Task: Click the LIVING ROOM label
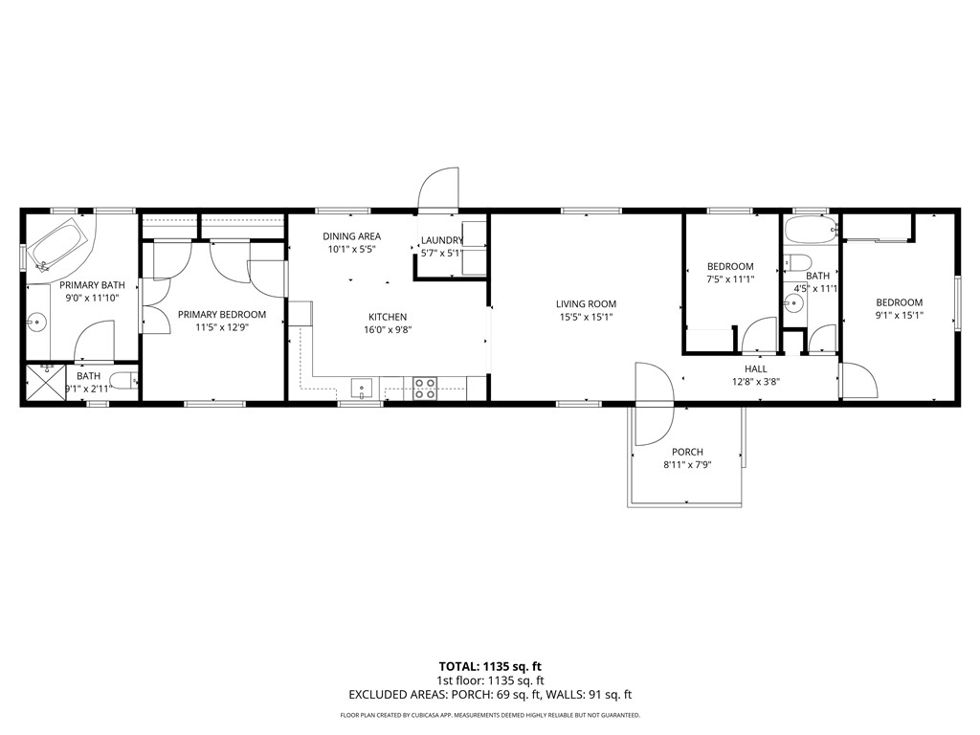coord(585,304)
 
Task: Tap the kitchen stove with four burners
coord(425,387)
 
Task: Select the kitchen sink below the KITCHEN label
coord(361,388)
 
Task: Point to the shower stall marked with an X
coord(41,383)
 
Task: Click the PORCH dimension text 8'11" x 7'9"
coord(687,465)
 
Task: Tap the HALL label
coord(755,368)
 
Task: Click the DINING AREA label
coord(351,236)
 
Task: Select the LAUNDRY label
coord(441,240)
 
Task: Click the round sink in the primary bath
coord(37,322)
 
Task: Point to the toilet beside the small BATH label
coord(122,382)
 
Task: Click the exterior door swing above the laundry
coord(439,188)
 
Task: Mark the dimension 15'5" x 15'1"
coord(585,318)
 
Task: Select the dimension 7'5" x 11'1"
coord(730,279)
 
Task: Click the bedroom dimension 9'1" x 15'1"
coord(899,315)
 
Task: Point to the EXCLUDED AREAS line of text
coord(490,696)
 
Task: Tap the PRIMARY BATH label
coord(92,285)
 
